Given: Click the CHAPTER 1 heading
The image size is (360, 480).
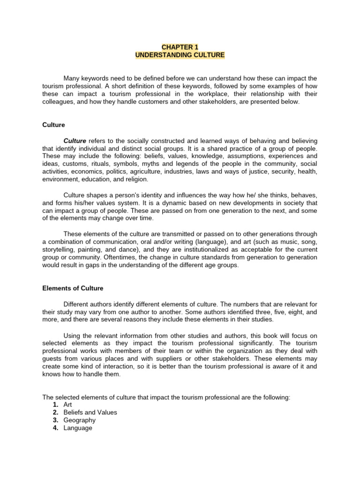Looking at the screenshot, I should [x=180, y=47].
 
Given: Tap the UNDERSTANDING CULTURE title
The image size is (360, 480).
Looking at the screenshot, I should [x=180, y=55].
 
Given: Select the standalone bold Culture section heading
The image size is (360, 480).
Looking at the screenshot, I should [x=53, y=125].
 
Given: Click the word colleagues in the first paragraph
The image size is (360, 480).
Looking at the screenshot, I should [x=58, y=102].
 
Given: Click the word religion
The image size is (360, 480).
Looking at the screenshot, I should [x=135, y=179].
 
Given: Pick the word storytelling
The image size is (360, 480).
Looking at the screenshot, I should [x=59, y=249].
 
